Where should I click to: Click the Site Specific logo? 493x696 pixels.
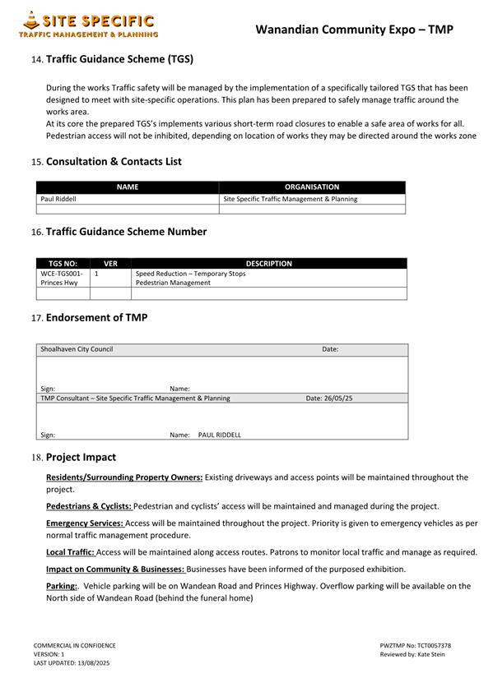[x=89, y=25]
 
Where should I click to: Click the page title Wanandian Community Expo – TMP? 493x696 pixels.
[x=354, y=30]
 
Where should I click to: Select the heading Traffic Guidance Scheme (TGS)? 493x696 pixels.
[x=119, y=59]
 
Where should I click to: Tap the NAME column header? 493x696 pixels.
[x=128, y=187]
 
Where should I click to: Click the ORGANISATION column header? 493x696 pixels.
[x=312, y=187]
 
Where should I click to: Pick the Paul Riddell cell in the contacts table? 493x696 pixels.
[x=58, y=199]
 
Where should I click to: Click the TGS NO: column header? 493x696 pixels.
[x=63, y=264]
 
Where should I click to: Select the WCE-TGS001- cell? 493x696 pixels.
[x=62, y=274]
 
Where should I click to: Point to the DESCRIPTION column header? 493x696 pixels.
[x=269, y=264]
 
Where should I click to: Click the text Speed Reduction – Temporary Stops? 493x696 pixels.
[x=190, y=274]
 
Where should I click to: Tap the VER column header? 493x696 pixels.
[x=110, y=264]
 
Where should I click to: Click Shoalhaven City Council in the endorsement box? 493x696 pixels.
[x=77, y=349]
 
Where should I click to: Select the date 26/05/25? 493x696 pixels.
[x=329, y=398]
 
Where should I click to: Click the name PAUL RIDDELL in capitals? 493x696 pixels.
[x=220, y=435]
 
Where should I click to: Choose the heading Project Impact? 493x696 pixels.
[x=81, y=457]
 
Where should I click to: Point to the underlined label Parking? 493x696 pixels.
[x=62, y=586]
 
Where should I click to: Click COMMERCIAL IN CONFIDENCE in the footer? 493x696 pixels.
[x=74, y=646]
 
